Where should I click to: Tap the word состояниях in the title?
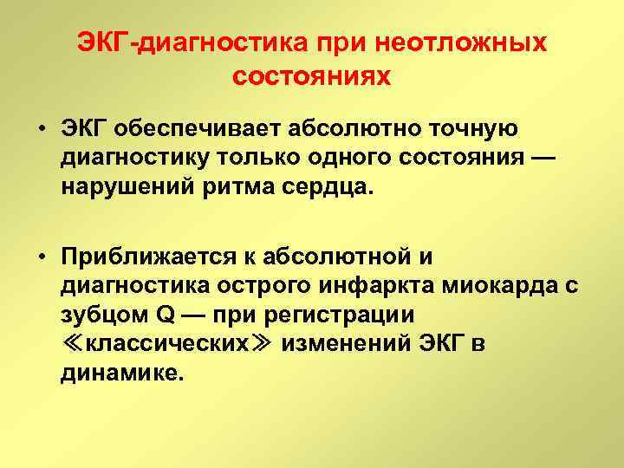point(312,75)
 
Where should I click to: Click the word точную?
point(479,129)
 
